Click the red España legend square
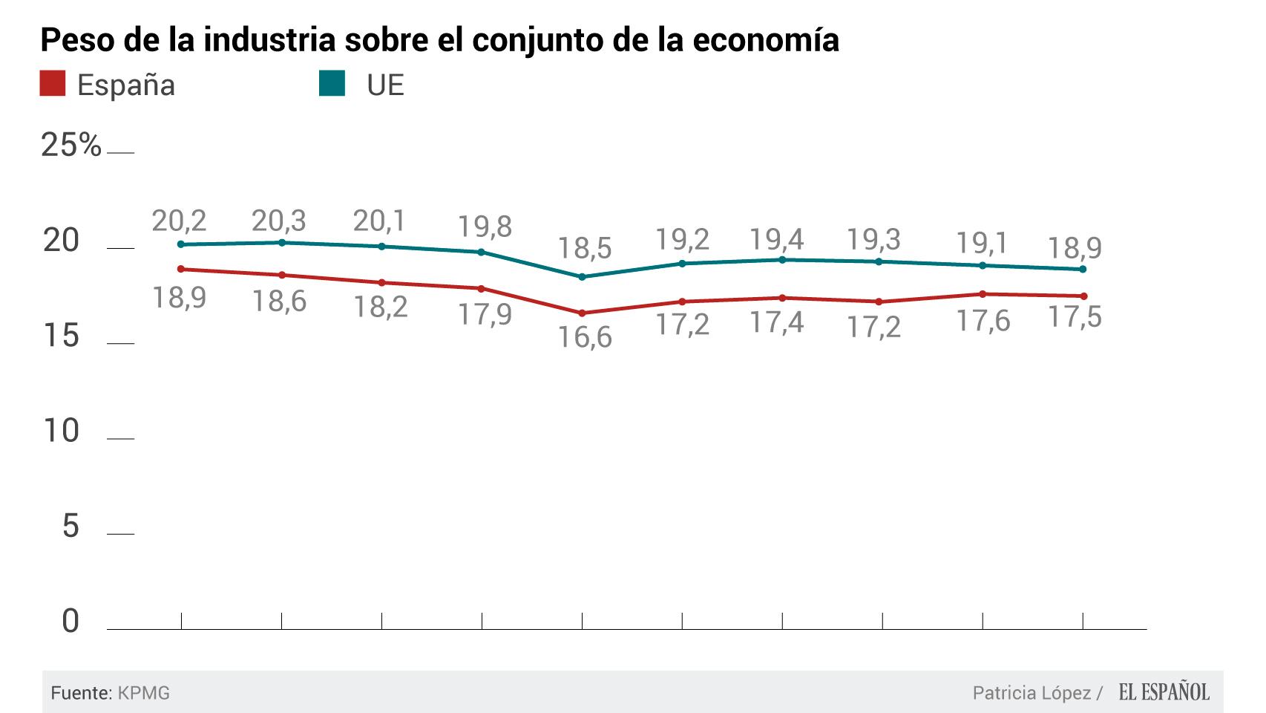[53, 83]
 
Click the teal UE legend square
[332, 83]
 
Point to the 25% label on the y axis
[71, 146]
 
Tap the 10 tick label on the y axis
[60, 432]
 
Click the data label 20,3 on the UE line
[278, 221]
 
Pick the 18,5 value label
[585, 248]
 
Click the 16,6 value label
[585, 338]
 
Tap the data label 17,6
[983, 321]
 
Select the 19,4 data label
[776, 240]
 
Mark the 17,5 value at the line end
[1075, 317]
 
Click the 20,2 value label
[179, 221]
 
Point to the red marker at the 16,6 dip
[582, 313]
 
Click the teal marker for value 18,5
[582, 277]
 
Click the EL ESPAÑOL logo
[1164, 693]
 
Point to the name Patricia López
[1032, 694]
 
